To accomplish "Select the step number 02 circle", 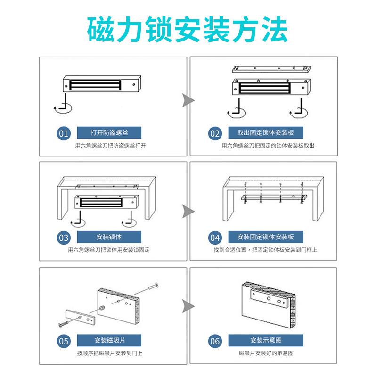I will coord(215,133).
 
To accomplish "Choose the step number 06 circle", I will coord(215,341).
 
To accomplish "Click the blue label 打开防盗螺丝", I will coord(109,132).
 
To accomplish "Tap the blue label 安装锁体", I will coord(109,237).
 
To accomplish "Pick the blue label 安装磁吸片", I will coord(109,340).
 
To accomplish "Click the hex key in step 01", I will coord(63,104).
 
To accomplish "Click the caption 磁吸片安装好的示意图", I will coord(266,352).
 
